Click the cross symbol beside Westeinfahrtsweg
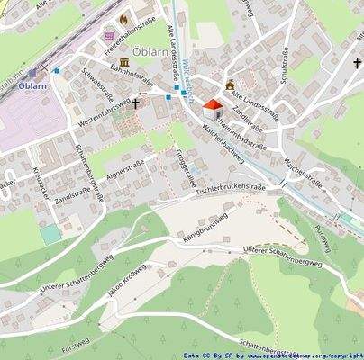(137, 103)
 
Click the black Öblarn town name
(150, 51)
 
